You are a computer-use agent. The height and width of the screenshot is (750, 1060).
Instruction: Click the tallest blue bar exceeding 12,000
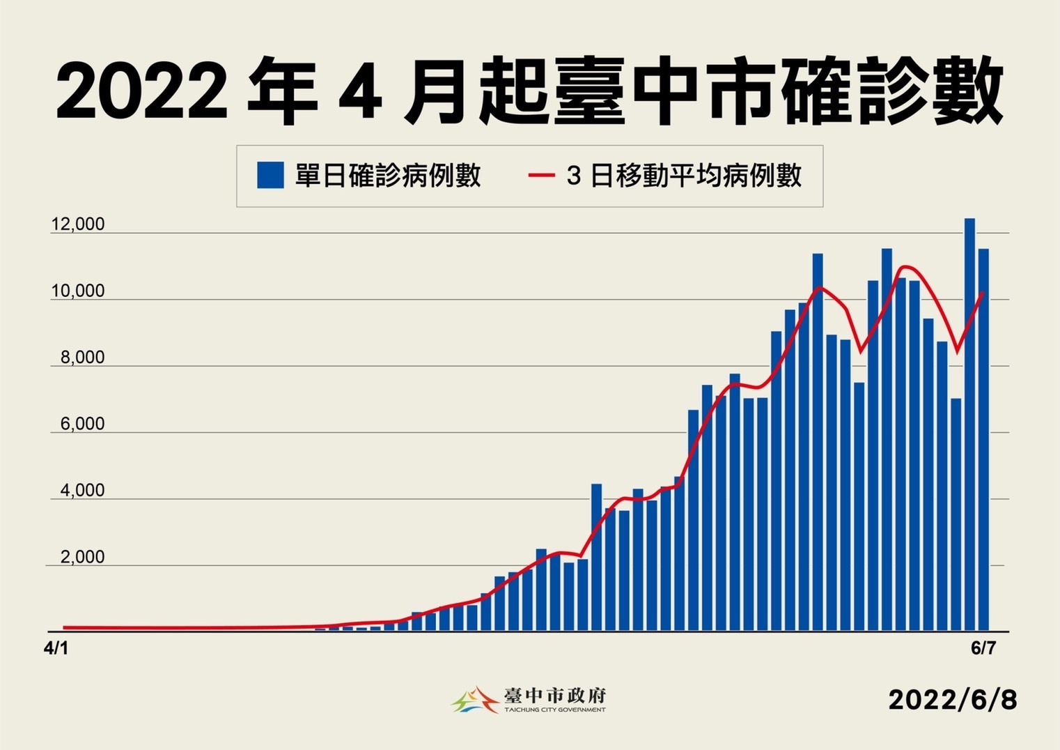pyautogui.click(x=969, y=425)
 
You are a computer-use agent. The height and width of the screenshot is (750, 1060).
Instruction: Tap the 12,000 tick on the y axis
pyautogui.click(x=77, y=224)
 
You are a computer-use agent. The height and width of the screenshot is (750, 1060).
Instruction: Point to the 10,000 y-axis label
pyautogui.click(x=77, y=291)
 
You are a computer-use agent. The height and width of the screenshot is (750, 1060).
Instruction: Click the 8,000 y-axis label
pyautogui.click(x=82, y=358)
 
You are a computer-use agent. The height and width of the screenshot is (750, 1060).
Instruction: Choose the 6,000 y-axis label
pyautogui.click(x=82, y=424)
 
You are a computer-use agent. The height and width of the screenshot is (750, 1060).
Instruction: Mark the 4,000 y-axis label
pyautogui.click(x=82, y=491)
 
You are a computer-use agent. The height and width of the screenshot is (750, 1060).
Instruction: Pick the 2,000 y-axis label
pyautogui.click(x=82, y=557)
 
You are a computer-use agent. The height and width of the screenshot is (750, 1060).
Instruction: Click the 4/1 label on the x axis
pyautogui.click(x=56, y=648)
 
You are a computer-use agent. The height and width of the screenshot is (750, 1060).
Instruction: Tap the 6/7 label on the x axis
pyautogui.click(x=983, y=648)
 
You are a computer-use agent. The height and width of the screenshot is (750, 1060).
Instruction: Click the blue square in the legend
pyautogui.click(x=270, y=176)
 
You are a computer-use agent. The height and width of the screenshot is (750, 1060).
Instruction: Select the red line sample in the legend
pyautogui.click(x=540, y=176)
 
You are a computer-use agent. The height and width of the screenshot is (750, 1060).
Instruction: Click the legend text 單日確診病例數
pyautogui.click(x=388, y=176)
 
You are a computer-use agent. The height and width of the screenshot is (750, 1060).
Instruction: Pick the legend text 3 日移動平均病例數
pyautogui.click(x=684, y=176)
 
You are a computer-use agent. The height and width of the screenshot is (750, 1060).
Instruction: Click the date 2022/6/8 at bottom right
pyautogui.click(x=952, y=700)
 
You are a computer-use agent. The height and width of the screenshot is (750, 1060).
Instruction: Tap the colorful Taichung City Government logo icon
pyautogui.click(x=475, y=700)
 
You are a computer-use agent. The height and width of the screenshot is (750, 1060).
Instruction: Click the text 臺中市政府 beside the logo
pyautogui.click(x=555, y=695)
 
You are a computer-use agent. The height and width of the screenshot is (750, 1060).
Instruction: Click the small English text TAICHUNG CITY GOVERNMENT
pyautogui.click(x=555, y=710)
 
